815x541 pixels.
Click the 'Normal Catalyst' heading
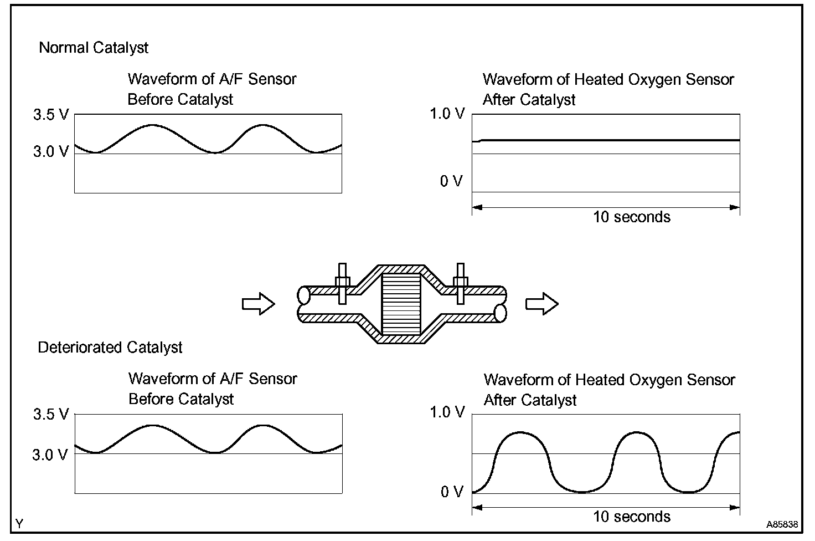click(x=94, y=48)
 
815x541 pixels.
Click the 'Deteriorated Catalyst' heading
click(x=110, y=348)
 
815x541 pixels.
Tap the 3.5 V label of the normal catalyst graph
click(x=51, y=115)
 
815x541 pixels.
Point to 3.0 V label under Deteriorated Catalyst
click(x=50, y=455)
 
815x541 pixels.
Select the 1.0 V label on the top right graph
click(x=447, y=114)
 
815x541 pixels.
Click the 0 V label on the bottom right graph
click(x=451, y=492)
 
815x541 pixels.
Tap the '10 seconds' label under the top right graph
click(x=631, y=217)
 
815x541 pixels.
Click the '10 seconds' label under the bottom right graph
click(x=631, y=517)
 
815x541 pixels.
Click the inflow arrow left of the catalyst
click(x=259, y=304)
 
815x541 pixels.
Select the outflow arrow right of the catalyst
click(x=541, y=304)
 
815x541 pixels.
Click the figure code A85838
click(x=782, y=524)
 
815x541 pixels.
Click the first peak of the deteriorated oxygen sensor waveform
click(x=519, y=432)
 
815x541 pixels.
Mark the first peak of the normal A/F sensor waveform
click(x=152, y=125)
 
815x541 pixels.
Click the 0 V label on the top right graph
click(x=451, y=181)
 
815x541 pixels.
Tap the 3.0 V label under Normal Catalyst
click(x=51, y=151)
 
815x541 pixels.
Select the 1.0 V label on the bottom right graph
click(x=447, y=413)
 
